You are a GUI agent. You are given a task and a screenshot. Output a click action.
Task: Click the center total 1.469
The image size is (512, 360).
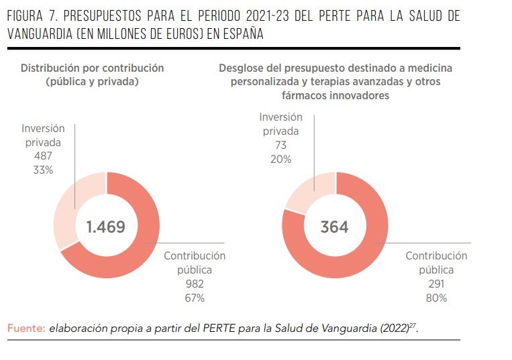click(x=105, y=227)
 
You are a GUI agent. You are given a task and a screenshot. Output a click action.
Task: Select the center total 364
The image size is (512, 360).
click(x=334, y=227)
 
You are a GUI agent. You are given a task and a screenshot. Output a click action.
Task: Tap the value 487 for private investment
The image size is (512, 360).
click(x=42, y=156)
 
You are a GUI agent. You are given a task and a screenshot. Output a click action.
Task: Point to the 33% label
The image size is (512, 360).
click(x=42, y=170)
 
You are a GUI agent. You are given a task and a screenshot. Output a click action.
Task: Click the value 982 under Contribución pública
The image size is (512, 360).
click(x=194, y=284)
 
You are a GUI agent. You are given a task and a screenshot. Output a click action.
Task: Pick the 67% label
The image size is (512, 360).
click(x=194, y=298)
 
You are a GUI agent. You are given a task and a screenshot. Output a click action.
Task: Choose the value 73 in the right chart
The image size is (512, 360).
click(x=280, y=145)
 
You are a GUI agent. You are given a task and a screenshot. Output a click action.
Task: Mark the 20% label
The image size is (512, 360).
click(x=280, y=159)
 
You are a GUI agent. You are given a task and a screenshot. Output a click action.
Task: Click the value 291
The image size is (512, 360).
click(x=436, y=284)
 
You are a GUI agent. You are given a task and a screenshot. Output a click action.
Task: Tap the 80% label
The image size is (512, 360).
click(x=436, y=298)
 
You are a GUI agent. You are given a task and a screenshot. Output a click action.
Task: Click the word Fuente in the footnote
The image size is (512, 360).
click(x=25, y=328)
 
